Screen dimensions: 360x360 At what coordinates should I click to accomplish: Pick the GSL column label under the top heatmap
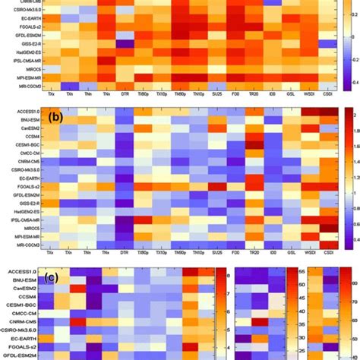tap(273, 98)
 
